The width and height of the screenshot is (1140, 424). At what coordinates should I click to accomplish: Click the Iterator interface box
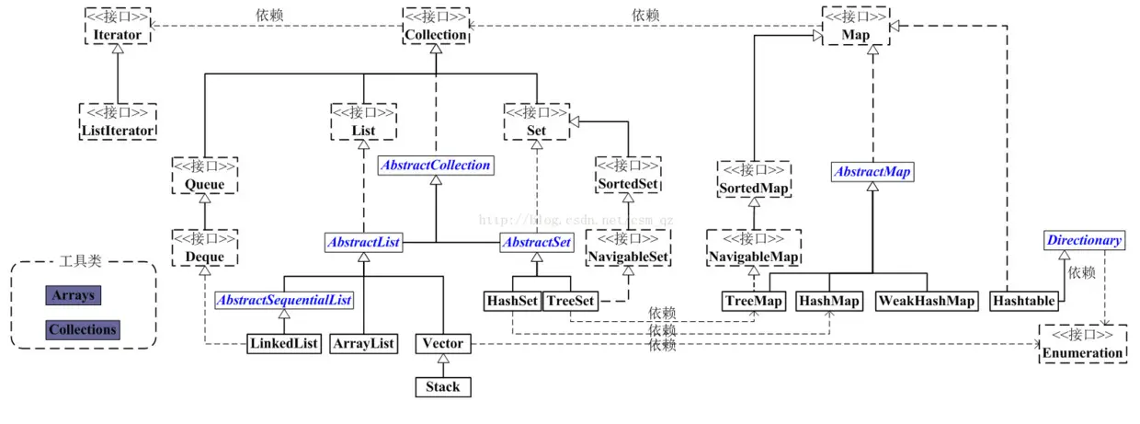pos(118,26)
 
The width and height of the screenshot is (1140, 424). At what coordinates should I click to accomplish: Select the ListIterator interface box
pos(118,121)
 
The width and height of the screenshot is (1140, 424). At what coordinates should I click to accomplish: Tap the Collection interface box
pos(436,26)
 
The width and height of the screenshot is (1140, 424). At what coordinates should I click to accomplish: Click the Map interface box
pos(856,26)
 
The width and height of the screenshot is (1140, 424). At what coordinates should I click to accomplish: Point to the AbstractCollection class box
pos(436,166)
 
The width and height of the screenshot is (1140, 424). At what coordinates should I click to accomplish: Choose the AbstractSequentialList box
pos(284,300)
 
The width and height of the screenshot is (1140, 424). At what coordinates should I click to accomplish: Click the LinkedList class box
pos(284,344)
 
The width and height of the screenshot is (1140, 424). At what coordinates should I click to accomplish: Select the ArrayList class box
pos(363,344)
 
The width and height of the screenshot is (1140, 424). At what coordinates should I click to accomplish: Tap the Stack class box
pos(443,387)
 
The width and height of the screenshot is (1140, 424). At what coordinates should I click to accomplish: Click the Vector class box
pos(443,344)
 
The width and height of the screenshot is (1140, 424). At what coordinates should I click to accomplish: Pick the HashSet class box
pos(512,301)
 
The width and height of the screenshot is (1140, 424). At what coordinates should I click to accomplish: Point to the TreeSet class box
pos(571,301)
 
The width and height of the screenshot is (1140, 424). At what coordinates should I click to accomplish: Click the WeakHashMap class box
pos(927,301)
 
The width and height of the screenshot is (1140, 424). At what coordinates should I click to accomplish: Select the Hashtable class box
pos(1024,301)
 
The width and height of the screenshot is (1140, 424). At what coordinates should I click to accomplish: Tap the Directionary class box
pos(1084,240)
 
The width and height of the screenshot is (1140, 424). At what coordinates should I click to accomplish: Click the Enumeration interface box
pos(1082,344)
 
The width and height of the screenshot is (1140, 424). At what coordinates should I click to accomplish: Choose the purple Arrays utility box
pos(74,295)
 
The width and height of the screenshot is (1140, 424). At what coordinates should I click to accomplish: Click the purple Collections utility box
pos(83,330)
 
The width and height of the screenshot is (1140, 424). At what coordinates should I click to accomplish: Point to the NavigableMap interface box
pos(754,248)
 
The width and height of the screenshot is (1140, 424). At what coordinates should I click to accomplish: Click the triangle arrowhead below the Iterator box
pos(118,49)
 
